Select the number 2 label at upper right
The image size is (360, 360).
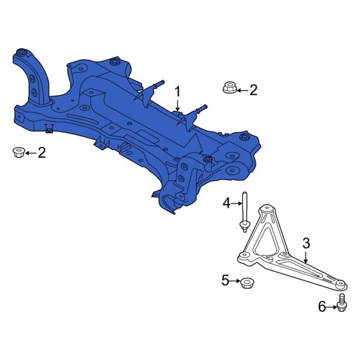click(x=253, y=90)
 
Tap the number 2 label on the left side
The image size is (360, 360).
click(x=41, y=153)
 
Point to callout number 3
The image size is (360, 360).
click(x=305, y=243)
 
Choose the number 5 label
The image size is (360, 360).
click(x=226, y=280)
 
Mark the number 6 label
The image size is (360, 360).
click(x=322, y=307)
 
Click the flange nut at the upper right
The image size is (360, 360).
click(x=228, y=88)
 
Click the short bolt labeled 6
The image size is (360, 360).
click(x=343, y=303)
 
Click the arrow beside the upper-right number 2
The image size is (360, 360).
click(x=240, y=90)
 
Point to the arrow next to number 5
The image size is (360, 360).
click(x=235, y=280)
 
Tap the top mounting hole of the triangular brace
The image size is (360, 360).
click(x=266, y=211)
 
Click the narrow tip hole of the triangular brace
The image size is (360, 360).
click(x=339, y=283)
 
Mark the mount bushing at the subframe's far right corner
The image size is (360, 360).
click(x=245, y=138)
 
